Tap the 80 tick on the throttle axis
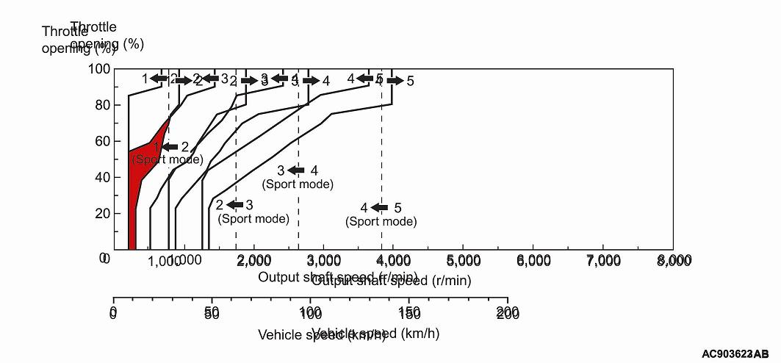pyautogui.click(x=103, y=105)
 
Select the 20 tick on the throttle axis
pyautogui.click(x=103, y=213)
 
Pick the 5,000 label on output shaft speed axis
pyautogui.click(x=464, y=261)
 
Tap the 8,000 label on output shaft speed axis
pyautogui.click(x=673, y=261)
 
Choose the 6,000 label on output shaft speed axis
pyautogui.click(x=533, y=261)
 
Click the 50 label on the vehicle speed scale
pyautogui.click(x=212, y=314)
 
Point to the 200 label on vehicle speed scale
pyautogui.click(x=507, y=314)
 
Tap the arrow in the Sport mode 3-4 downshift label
pyautogui.click(x=297, y=170)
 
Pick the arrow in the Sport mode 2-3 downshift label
pyautogui.click(x=235, y=205)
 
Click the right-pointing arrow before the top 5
pyautogui.click(x=395, y=81)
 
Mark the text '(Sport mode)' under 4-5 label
pyautogui.click(x=381, y=221)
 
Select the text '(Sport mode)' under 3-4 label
pyautogui.click(x=298, y=184)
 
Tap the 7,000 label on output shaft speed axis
pyautogui.click(x=603, y=261)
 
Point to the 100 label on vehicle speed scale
pyautogui.click(x=310, y=314)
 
